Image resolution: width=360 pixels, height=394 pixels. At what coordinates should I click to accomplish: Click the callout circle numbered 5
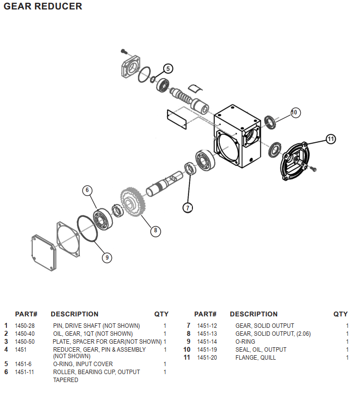pyautogui.click(x=168, y=69)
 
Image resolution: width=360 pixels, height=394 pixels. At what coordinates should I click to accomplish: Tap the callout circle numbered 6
pyautogui.click(x=87, y=190)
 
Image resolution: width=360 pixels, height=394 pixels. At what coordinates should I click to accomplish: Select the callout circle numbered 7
pyautogui.click(x=187, y=208)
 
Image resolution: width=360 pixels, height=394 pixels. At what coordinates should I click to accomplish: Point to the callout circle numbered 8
pyautogui.click(x=155, y=230)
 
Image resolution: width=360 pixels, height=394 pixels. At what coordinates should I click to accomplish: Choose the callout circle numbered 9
pyautogui.click(x=107, y=257)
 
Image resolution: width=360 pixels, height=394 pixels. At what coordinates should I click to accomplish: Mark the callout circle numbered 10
pyautogui.click(x=294, y=112)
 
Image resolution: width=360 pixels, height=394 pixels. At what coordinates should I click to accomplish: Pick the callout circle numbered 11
pyautogui.click(x=331, y=139)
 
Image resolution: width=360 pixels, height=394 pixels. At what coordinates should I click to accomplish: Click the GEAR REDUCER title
pyautogui.click(x=43, y=6)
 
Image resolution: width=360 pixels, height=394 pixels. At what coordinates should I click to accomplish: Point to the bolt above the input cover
pyautogui.click(x=125, y=51)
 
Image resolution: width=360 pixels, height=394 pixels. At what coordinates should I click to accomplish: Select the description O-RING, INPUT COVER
pyautogui.click(x=83, y=364)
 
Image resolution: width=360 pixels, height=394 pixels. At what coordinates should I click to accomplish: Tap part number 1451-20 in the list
pyautogui.click(x=207, y=358)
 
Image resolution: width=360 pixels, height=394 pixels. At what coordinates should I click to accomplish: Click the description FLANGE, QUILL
pyautogui.click(x=256, y=358)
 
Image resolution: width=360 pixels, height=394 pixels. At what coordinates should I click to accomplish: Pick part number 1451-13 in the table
pyautogui.click(x=207, y=334)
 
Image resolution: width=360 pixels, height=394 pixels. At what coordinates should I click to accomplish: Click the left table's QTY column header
pyautogui.click(x=161, y=314)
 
